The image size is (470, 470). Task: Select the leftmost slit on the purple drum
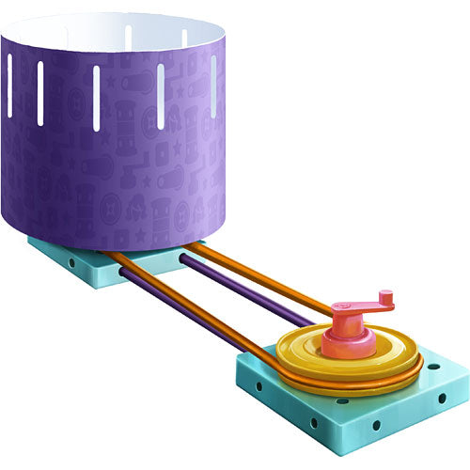tap(10, 86)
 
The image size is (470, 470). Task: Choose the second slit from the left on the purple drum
tap(39, 94)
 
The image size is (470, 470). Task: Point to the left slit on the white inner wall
tap(128, 39)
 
